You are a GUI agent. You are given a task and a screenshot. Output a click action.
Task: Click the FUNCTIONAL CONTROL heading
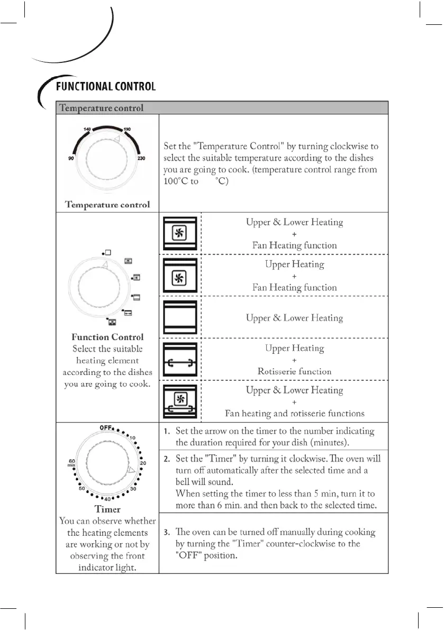click(x=106, y=86)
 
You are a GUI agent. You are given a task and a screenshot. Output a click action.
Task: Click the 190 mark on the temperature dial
click(x=127, y=129)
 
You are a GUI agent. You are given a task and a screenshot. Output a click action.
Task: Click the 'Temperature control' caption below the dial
click(x=107, y=204)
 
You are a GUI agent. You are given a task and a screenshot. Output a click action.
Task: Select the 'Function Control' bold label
click(x=107, y=337)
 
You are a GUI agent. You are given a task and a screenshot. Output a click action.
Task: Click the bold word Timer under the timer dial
click(x=107, y=509)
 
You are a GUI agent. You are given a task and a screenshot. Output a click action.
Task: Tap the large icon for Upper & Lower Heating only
click(x=180, y=317)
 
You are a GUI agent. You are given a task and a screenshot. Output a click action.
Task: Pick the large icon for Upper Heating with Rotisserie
click(x=180, y=359)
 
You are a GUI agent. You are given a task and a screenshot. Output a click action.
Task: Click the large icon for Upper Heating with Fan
click(x=180, y=275)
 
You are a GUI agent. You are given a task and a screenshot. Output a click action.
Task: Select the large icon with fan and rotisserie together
click(x=180, y=401)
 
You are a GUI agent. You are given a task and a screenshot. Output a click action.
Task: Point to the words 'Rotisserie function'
click(x=294, y=371)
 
